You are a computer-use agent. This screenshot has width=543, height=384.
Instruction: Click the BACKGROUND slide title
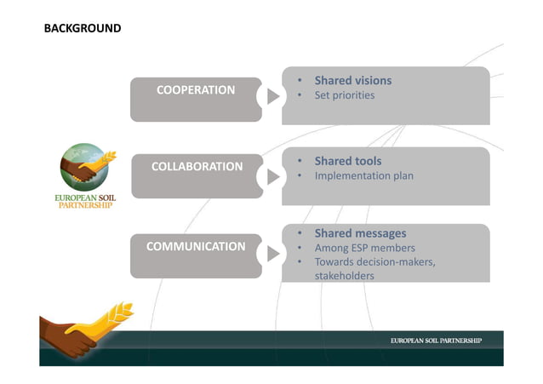click(x=82, y=28)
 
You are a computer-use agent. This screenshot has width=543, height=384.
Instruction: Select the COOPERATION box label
click(x=196, y=89)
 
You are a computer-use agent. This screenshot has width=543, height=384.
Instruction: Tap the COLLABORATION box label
click(x=197, y=167)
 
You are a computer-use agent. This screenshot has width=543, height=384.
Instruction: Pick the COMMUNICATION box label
click(x=196, y=246)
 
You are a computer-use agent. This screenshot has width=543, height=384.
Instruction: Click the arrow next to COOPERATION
click(x=272, y=96)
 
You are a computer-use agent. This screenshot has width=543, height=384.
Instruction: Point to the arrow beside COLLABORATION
click(x=272, y=176)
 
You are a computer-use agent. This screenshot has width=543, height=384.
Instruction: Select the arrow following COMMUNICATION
click(x=272, y=254)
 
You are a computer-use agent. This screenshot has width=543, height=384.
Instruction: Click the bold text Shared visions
click(x=352, y=81)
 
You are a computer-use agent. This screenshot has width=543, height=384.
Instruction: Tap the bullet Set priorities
click(x=344, y=95)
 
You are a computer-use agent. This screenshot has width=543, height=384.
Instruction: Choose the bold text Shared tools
click(x=347, y=161)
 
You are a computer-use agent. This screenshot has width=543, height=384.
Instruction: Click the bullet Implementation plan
click(x=363, y=176)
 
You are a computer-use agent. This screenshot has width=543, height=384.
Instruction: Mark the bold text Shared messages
click(x=360, y=233)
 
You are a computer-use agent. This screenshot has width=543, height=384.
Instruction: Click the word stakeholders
click(x=344, y=275)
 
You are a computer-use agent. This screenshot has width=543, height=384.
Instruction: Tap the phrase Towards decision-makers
click(x=374, y=261)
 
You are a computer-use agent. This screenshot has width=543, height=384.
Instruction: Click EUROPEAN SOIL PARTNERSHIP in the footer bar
click(x=436, y=341)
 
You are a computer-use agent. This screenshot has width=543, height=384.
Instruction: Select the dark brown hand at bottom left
click(x=63, y=336)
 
